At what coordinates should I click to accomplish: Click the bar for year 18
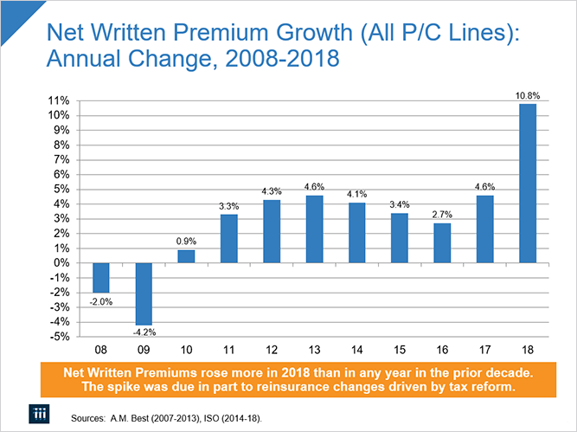click(x=527, y=183)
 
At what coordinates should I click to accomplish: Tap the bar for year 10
click(x=186, y=255)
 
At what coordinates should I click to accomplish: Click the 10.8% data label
click(x=527, y=95)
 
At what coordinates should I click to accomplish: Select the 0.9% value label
click(x=186, y=242)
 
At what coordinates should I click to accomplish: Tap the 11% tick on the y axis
click(x=58, y=101)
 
